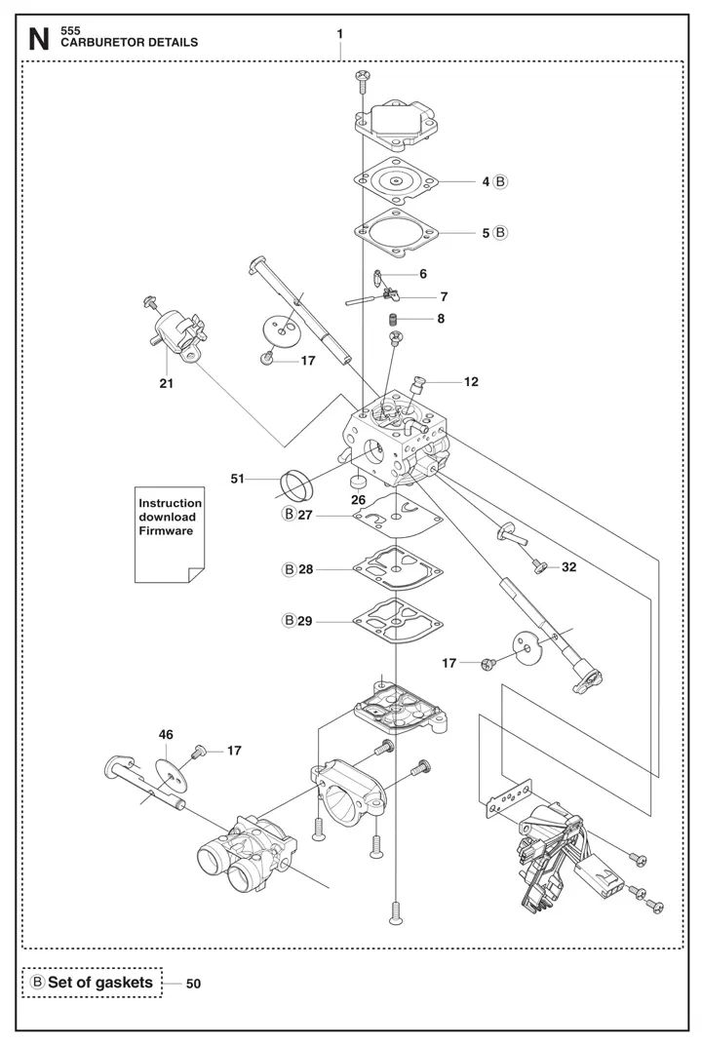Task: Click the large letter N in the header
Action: [38, 39]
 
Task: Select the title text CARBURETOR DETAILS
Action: [129, 43]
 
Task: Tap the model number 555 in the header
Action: [70, 30]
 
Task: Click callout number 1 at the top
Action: [339, 34]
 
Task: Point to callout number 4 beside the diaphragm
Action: [485, 181]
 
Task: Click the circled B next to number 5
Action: [500, 233]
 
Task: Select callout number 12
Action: [471, 382]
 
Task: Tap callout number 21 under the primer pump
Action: [167, 384]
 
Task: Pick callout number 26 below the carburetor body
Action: [358, 500]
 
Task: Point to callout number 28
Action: [306, 568]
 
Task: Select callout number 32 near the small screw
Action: [568, 566]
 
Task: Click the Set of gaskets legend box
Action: [93, 983]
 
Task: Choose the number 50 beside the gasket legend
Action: [193, 985]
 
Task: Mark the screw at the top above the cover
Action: [362, 77]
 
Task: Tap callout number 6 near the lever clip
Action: [422, 274]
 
